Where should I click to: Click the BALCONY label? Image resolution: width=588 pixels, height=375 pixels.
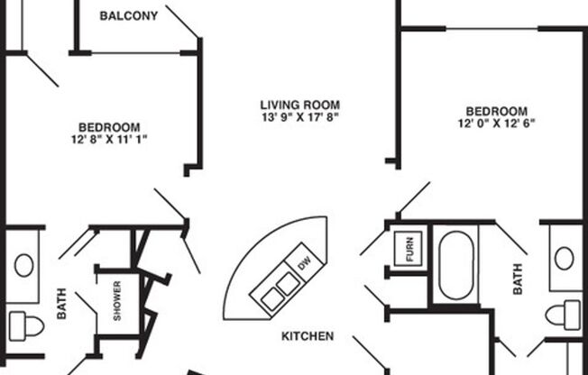(x=128, y=16)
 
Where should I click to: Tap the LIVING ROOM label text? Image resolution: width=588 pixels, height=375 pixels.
(x=299, y=105)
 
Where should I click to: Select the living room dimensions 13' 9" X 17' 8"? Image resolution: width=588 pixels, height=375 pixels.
(x=299, y=117)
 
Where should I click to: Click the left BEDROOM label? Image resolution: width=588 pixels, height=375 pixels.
(x=108, y=127)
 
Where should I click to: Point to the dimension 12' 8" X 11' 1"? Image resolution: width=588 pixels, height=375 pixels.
(x=108, y=139)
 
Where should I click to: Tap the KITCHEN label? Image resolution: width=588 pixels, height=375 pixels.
(x=308, y=336)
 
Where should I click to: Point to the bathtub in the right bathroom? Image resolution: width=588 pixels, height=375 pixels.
(x=456, y=266)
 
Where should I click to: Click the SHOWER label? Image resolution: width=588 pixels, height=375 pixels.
(x=117, y=301)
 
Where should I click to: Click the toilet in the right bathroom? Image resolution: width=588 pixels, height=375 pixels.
(x=565, y=315)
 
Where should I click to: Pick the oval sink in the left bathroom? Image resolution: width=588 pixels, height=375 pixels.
(x=23, y=265)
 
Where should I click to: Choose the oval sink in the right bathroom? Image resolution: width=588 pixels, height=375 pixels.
(x=565, y=259)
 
